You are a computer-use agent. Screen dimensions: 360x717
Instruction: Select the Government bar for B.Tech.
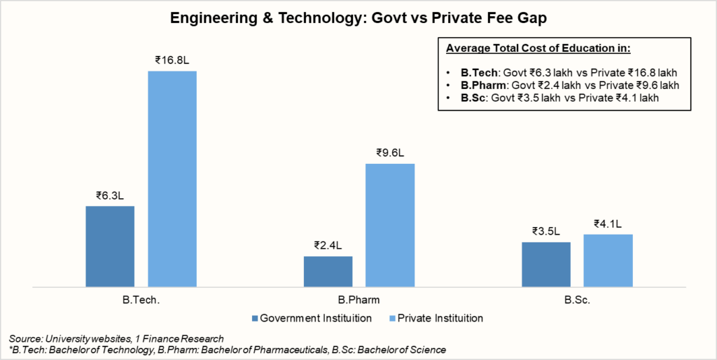click(x=110, y=246)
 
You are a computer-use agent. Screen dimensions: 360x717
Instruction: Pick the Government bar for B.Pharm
click(x=328, y=271)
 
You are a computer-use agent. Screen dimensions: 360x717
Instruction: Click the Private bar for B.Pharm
click(x=390, y=225)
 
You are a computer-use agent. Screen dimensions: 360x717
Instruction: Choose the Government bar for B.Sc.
click(x=546, y=264)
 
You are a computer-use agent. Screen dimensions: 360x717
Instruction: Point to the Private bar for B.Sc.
click(x=608, y=260)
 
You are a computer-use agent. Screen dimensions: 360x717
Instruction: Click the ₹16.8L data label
click(x=172, y=60)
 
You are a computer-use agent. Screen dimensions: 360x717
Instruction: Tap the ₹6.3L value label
click(x=110, y=195)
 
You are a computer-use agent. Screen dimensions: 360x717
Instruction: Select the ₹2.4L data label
click(x=328, y=246)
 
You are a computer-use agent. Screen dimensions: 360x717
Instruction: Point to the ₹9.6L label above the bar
click(x=390, y=153)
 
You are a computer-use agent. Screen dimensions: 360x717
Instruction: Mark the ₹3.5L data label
click(x=546, y=231)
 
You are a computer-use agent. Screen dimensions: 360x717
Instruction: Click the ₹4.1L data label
click(x=608, y=223)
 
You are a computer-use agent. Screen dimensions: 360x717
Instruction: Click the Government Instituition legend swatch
click(x=254, y=318)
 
